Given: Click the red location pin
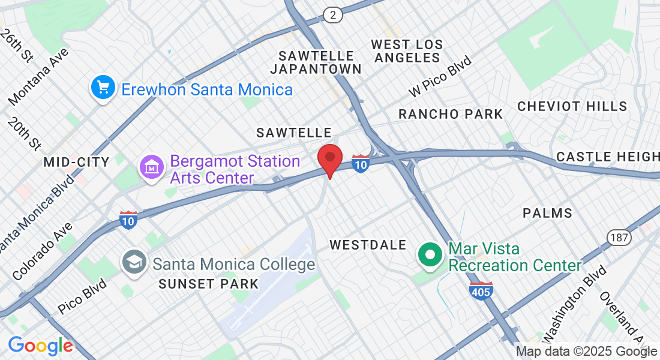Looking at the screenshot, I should tap(329, 158).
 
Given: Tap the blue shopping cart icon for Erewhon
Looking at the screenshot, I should tap(103, 88).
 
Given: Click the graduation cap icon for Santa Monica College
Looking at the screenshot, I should tap(134, 262).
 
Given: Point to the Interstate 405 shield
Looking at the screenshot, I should tap(481, 290).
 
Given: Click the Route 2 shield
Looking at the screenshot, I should tap(332, 15).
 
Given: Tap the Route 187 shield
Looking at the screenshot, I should tap(619, 238).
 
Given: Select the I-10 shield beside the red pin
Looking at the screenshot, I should tap(361, 164).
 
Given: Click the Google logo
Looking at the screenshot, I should tap(40, 346).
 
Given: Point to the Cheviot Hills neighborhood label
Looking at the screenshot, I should tap(572, 107).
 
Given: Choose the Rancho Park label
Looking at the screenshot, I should tap(451, 114).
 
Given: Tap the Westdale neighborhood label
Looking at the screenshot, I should tap(368, 245).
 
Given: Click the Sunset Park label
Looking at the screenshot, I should tap(208, 284).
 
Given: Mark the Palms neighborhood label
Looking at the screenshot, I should tap(547, 213).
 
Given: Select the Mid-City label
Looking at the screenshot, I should tap(76, 162).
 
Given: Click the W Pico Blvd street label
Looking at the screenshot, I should tap(440, 76).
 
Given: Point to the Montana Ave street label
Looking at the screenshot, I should tap(39, 75).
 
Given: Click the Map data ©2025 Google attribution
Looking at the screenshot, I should tap(586, 352).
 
